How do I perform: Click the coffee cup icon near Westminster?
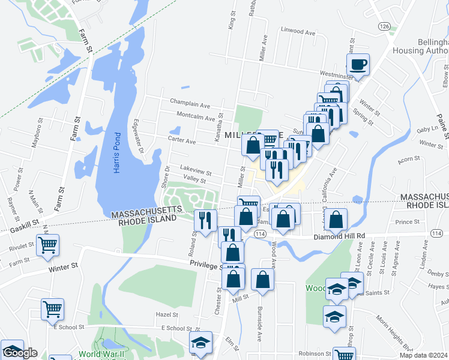[x=358, y=64]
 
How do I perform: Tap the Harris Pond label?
[x=117, y=151]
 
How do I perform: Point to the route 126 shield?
[x=385, y=26]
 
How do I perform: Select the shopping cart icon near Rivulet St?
[x=47, y=245]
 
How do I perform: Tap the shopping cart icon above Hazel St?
[x=52, y=309]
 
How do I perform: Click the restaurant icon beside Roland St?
[x=205, y=220]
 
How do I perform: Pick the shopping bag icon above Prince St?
[x=337, y=220]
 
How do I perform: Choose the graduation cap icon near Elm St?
[x=200, y=343]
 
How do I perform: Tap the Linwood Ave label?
[x=298, y=32]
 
